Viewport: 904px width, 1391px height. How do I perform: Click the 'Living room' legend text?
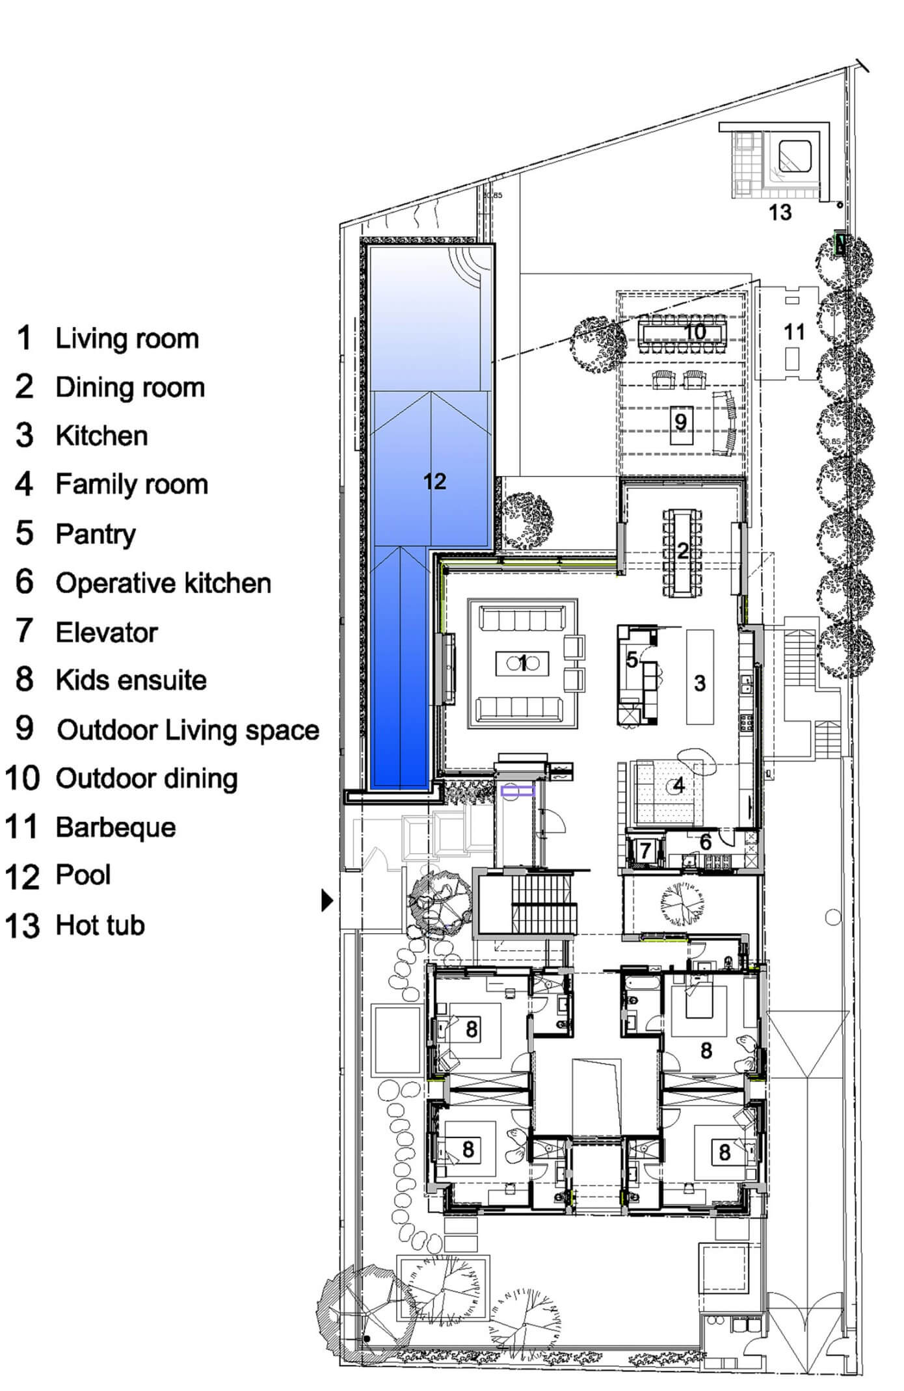point(127,339)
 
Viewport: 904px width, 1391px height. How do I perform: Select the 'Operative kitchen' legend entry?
point(163,583)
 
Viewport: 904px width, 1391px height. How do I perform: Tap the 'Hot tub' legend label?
point(100,925)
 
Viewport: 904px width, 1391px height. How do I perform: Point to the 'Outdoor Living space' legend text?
point(189,730)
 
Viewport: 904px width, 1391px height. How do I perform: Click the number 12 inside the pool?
point(434,481)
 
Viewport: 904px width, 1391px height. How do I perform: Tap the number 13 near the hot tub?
point(780,212)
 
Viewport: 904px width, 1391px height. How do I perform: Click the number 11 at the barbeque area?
point(794,332)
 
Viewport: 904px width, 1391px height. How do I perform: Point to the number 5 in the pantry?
point(632,659)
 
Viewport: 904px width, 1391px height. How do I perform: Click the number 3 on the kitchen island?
point(700,683)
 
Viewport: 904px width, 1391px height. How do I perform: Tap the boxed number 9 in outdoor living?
point(680,422)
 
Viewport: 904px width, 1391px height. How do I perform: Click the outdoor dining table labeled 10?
point(684,332)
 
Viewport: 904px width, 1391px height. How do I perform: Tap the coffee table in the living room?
point(522,663)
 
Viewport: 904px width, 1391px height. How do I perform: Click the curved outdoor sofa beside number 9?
point(726,423)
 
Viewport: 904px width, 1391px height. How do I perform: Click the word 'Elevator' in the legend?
point(107,632)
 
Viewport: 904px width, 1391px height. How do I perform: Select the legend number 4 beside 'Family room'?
point(24,484)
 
